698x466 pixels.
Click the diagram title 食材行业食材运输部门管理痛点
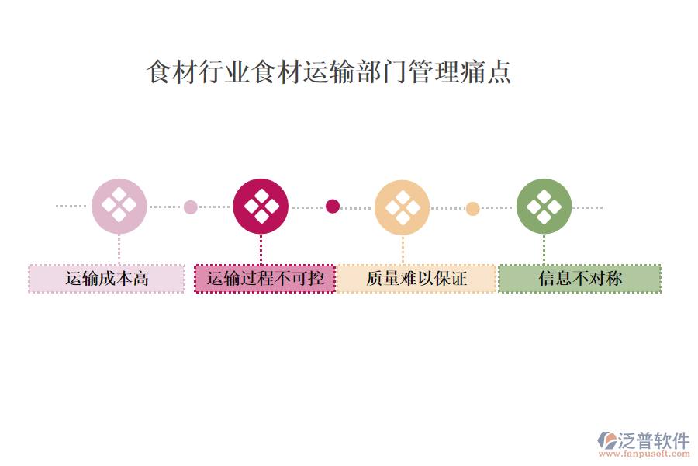point(329,71)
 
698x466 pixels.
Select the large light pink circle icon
point(119,207)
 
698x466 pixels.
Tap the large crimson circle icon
point(261,207)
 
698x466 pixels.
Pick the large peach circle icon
point(402,207)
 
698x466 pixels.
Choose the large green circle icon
point(544,207)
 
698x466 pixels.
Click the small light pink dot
point(190,207)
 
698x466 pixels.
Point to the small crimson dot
point(332,206)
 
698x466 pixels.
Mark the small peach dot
point(472,208)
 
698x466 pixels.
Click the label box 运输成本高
point(107,279)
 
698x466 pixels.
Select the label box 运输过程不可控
point(264,279)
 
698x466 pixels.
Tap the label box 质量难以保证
point(416,279)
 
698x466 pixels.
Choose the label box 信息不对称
point(579,279)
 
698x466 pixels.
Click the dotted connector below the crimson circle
point(261,249)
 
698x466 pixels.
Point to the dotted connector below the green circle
point(544,249)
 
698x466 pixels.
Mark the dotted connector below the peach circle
point(403,249)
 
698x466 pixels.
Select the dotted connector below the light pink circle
point(119,249)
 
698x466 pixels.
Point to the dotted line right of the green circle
point(588,207)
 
